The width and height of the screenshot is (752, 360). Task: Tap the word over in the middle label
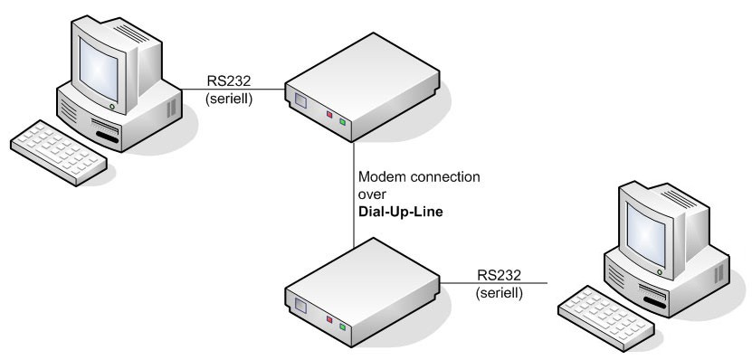click(x=373, y=191)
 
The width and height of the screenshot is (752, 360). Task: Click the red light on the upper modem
click(x=329, y=116)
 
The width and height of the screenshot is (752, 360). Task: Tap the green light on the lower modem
click(x=343, y=324)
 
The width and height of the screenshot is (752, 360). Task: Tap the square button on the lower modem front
click(x=300, y=307)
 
